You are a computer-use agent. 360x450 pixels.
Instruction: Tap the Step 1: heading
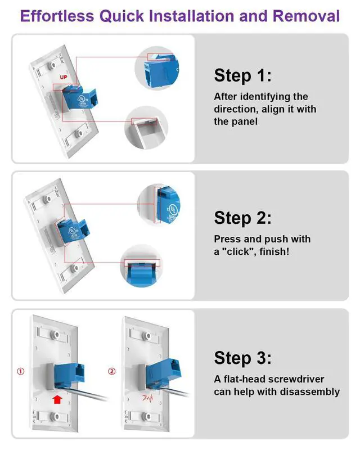pos(243,75)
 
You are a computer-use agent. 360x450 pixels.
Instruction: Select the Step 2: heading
pos(243,218)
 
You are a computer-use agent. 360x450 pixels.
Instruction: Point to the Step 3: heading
pos(243,358)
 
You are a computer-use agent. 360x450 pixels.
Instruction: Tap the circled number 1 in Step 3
pos(20,371)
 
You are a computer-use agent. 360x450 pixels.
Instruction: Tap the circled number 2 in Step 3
pos(111,371)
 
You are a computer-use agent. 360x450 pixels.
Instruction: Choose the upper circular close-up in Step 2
pos(160,204)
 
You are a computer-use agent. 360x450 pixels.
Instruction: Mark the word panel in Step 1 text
pos(244,121)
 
